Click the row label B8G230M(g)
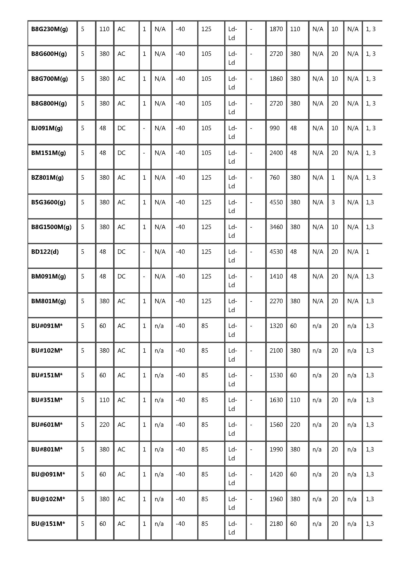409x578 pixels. point(49,29)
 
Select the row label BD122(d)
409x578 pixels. point(45,252)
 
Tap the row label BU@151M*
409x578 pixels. point(48,524)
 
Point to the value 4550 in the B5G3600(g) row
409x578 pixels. point(276,202)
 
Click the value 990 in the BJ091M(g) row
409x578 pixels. point(274,128)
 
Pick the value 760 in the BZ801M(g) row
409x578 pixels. point(274,178)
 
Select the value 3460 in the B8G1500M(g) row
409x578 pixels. point(276,227)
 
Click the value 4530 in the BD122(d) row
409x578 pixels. point(276,252)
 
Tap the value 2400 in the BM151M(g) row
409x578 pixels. point(276,153)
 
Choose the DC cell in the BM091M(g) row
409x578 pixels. point(121,277)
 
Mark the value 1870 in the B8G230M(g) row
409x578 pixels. point(276,29)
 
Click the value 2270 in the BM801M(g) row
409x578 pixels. point(276,301)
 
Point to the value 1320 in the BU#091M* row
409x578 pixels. point(276,326)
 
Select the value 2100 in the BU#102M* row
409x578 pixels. point(276,351)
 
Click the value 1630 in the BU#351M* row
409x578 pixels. point(276,400)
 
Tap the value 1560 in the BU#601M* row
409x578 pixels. point(276,425)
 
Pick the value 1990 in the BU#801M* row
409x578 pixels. point(276,450)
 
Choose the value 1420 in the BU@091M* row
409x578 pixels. point(276,474)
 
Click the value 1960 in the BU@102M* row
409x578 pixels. point(276,499)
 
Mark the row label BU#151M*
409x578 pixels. point(47,375)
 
